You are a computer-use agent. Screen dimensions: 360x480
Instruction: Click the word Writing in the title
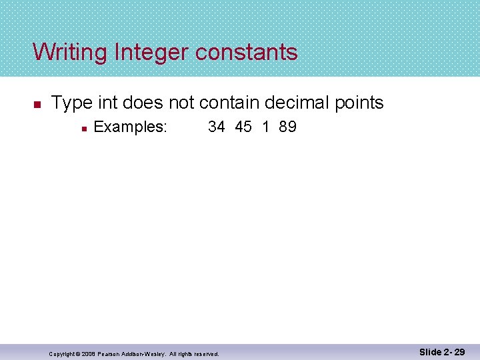point(71,52)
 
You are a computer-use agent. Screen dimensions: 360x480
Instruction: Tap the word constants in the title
point(246,52)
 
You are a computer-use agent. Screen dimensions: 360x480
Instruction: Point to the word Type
point(72,103)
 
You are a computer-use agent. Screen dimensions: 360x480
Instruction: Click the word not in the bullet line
point(181,103)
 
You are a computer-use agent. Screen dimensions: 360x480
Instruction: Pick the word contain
point(229,103)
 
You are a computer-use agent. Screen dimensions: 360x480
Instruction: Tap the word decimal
point(298,103)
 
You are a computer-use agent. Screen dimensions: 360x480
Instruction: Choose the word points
point(360,103)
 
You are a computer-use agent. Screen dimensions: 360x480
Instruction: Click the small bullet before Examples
point(82,127)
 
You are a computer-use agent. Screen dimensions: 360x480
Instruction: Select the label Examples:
point(130,127)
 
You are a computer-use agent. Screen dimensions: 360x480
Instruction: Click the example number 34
point(217,127)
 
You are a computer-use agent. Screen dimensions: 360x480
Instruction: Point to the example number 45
point(243,127)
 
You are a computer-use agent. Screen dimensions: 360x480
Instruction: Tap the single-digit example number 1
point(266,127)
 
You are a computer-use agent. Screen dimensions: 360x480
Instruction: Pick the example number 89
point(288,127)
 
